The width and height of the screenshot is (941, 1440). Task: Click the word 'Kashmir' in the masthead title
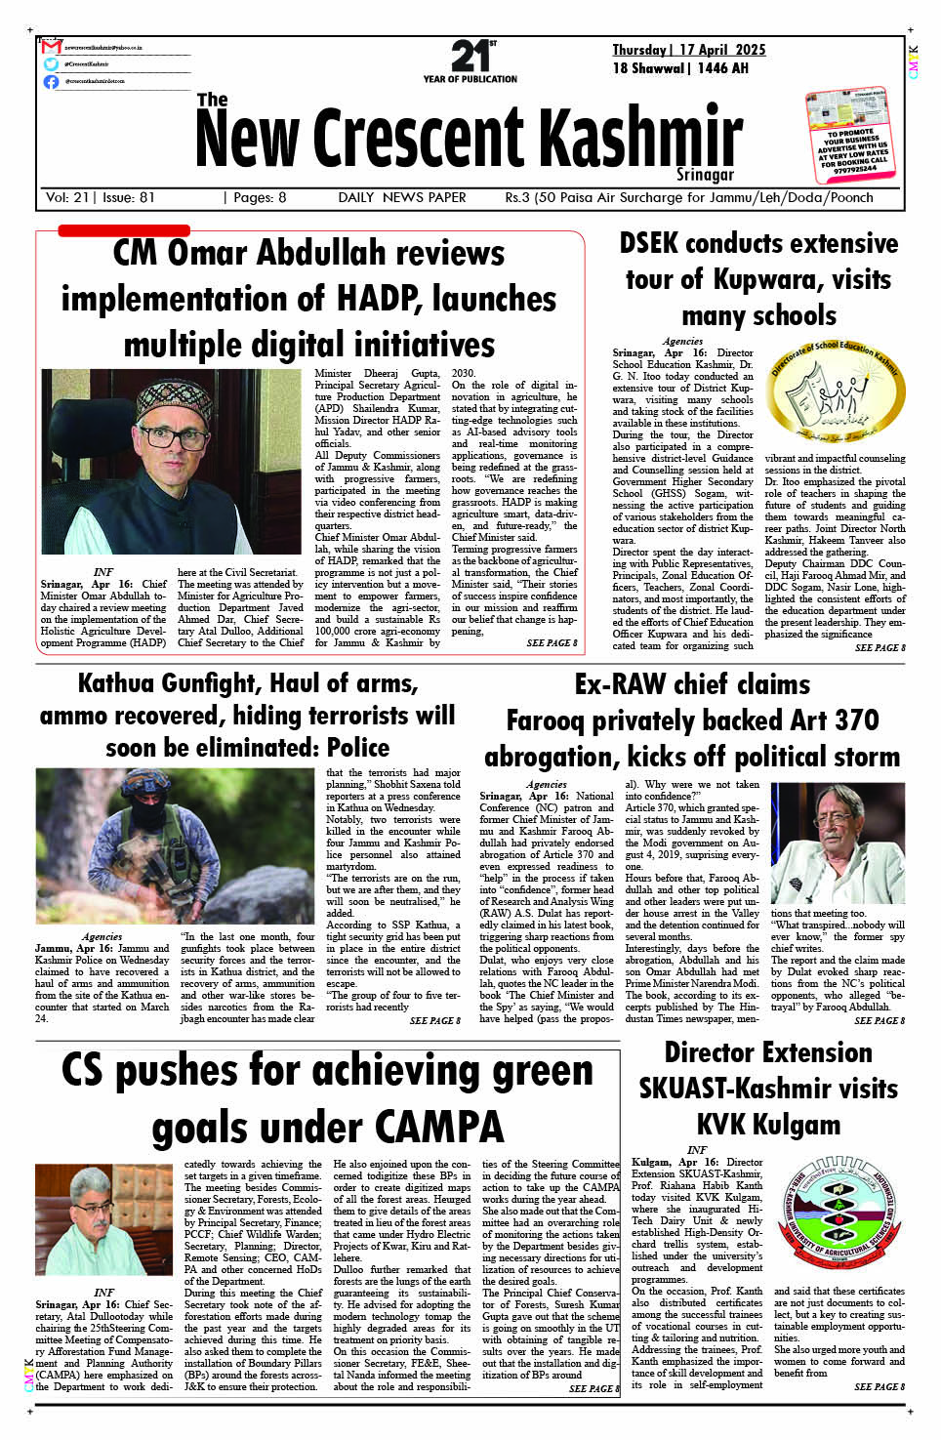pyautogui.click(x=641, y=138)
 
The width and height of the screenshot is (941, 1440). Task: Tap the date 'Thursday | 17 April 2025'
pyautogui.click(x=688, y=50)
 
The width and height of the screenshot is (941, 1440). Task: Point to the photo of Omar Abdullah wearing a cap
pyautogui.click(x=172, y=462)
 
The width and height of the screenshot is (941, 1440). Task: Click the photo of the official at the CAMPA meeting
pyautogui.click(x=103, y=1220)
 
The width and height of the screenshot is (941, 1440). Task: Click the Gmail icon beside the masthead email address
pyautogui.click(x=52, y=47)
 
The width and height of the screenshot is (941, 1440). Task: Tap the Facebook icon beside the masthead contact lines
pyautogui.click(x=51, y=82)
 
